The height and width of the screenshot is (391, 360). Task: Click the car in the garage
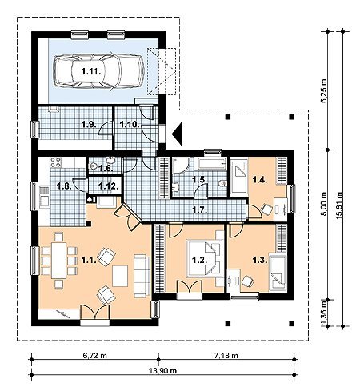pos(99,71)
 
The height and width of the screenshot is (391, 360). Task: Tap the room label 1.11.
pos(91,71)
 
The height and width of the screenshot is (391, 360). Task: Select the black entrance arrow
pos(177,134)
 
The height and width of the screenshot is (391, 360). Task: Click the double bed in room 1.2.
pos(206,258)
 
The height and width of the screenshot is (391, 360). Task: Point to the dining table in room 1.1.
pos(58,260)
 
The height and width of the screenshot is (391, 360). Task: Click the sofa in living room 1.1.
pos(142,276)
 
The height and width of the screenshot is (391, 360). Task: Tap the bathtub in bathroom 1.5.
pos(210,163)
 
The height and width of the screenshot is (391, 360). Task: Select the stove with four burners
pos(56,162)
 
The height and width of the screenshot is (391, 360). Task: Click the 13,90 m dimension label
pos(162,370)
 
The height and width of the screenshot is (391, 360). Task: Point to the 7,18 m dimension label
pos(226,355)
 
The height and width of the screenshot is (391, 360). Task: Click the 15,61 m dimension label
pos(339,205)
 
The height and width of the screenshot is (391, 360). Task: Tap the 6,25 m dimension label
pos(324,90)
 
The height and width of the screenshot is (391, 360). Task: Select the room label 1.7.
pos(200,210)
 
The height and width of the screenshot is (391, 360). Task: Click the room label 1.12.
pos(108,186)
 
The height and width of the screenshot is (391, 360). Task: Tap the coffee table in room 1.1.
pos(120,276)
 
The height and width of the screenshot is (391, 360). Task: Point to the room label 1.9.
pos(89,125)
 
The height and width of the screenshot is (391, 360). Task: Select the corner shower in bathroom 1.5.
pos(180,166)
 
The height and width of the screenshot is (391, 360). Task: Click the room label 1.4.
pos(260,180)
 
